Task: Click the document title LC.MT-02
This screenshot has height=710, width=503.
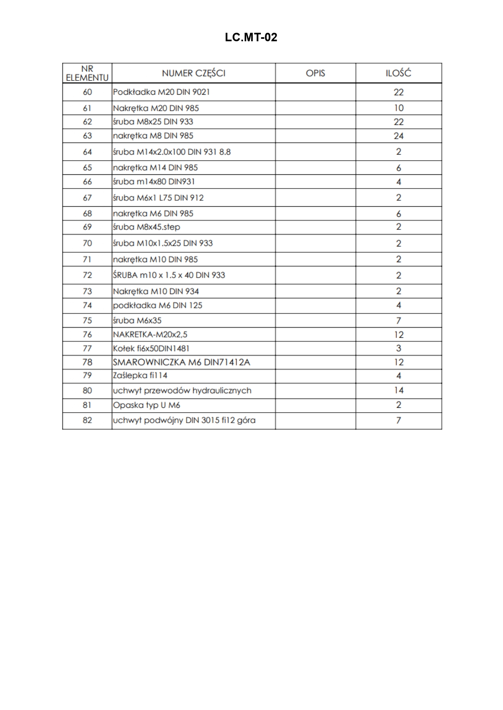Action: (x=251, y=38)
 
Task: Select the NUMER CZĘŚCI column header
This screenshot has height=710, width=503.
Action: (x=194, y=73)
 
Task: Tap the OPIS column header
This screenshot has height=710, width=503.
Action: (x=315, y=73)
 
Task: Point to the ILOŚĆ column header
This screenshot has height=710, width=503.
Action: (x=399, y=73)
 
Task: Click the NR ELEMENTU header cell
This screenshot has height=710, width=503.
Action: (x=87, y=73)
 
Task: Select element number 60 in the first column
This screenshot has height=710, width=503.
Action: (x=87, y=92)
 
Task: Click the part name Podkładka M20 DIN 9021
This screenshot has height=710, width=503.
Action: (x=162, y=92)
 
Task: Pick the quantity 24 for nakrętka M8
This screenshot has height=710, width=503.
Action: (x=399, y=136)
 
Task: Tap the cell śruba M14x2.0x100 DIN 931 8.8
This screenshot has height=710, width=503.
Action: (x=172, y=152)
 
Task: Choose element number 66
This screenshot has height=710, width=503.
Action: (x=87, y=182)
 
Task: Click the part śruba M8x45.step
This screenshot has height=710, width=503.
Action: (x=147, y=227)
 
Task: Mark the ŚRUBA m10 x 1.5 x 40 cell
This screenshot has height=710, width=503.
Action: (x=169, y=275)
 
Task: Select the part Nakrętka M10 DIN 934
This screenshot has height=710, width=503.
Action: (x=156, y=291)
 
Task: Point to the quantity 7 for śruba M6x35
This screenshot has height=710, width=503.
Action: (x=399, y=321)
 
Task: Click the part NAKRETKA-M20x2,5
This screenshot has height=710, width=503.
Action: (x=150, y=335)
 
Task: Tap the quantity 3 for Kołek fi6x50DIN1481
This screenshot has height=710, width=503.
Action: (x=399, y=348)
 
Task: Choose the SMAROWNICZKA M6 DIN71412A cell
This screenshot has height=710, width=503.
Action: (x=181, y=362)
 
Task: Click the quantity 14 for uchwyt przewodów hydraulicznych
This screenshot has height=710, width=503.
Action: (x=399, y=390)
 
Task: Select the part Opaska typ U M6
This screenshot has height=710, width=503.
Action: (x=147, y=405)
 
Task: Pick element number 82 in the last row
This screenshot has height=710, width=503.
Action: (x=87, y=420)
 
